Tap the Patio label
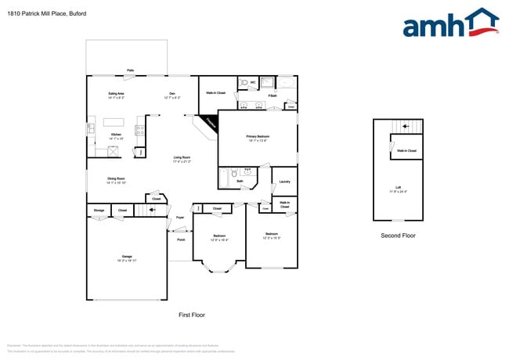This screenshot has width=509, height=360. (130, 70)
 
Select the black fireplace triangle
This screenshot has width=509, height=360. (208, 123)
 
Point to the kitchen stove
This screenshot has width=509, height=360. (141, 131)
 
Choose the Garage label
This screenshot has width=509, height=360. (126, 257)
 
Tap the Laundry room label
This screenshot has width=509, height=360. (284, 182)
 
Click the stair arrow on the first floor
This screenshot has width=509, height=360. (152, 210)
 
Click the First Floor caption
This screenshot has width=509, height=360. (192, 314)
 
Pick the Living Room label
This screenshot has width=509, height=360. (182, 157)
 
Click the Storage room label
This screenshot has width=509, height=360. (99, 210)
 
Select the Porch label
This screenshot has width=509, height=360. (181, 239)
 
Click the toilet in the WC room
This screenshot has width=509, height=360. (244, 82)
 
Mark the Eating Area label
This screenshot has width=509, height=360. (116, 93)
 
